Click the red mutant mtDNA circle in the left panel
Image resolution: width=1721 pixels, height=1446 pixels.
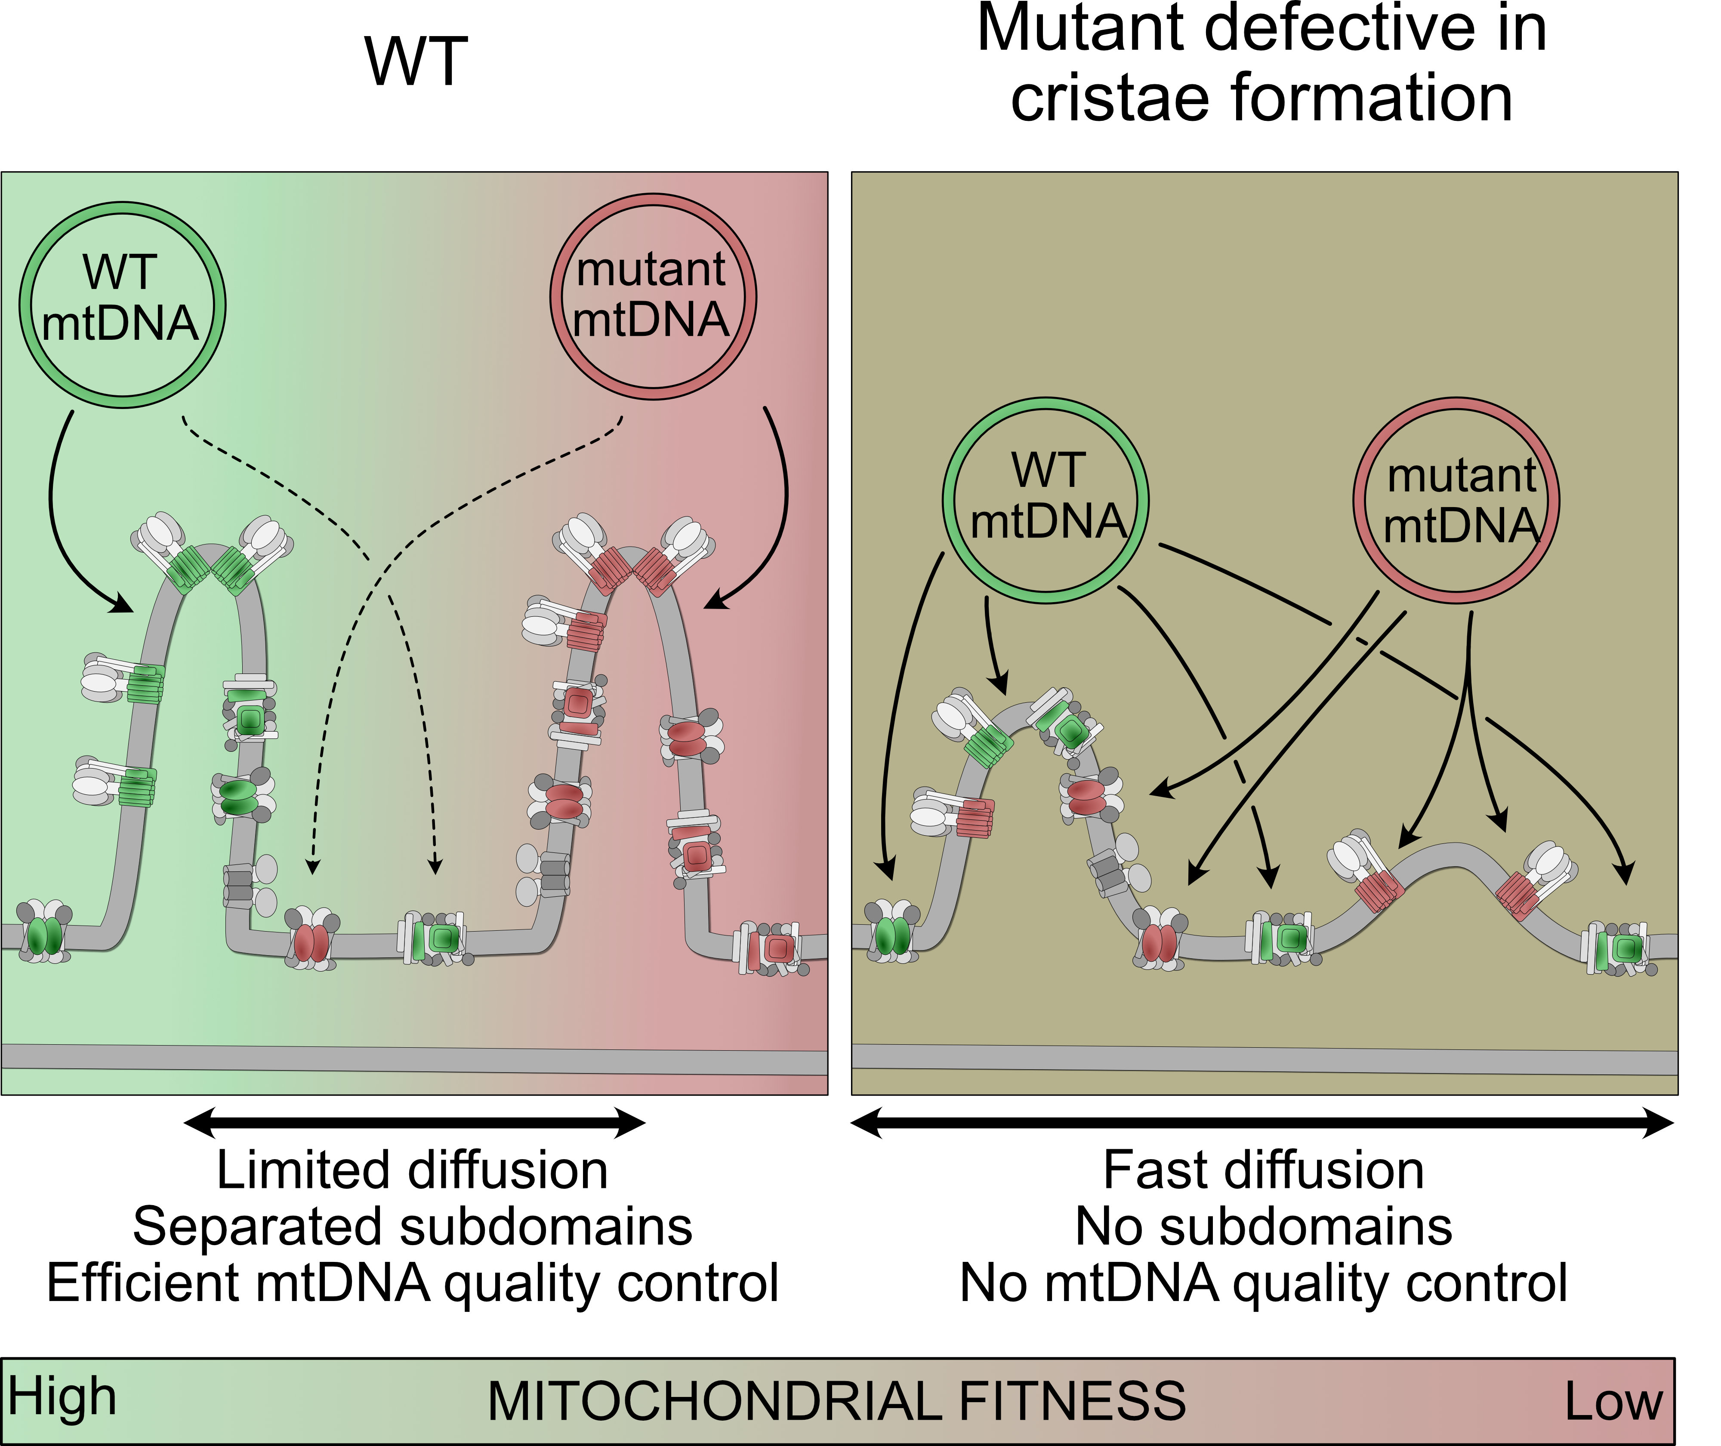(x=653, y=297)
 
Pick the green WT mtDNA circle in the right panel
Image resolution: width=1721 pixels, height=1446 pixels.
(x=1046, y=501)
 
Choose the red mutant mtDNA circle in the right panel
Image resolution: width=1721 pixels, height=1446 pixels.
(x=1456, y=501)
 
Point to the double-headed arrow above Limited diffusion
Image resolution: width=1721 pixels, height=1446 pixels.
(x=414, y=1122)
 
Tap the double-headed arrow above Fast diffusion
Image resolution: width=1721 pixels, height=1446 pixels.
(x=1263, y=1122)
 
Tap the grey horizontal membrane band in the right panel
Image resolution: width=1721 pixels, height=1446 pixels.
(x=1265, y=1059)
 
